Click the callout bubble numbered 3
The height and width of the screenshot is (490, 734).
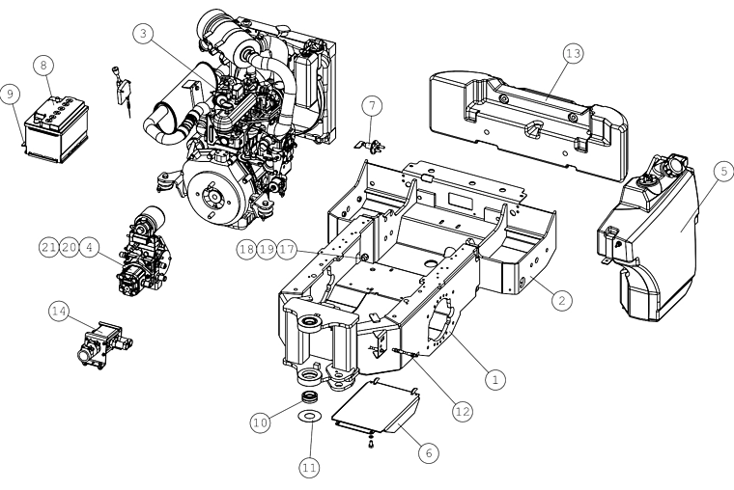click(143, 33)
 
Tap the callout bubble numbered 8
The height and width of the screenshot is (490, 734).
click(43, 65)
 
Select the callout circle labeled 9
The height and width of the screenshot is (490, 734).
click(10, 94)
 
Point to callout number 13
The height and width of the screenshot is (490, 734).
click(573, 54)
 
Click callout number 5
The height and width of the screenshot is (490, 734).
click(723, 171)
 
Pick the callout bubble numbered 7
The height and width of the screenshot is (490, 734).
click(372, 106)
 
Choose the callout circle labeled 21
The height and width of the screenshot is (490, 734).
click(48, 247)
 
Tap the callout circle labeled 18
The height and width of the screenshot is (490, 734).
click(246, 249)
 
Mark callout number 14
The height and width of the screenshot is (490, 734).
click(59, 312)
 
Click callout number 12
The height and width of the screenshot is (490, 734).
click(462, 412)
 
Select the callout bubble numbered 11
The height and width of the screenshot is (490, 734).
click(309, 468)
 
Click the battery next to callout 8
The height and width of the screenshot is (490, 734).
click(56, 129)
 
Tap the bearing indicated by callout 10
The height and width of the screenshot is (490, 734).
click(310, 397)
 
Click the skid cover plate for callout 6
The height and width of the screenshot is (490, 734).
click(376, 408)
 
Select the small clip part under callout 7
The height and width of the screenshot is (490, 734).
click(370, 146)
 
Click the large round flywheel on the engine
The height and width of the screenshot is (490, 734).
click(214, 196)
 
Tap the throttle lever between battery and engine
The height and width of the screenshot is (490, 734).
click(122, 92)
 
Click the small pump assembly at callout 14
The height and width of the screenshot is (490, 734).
click(103, 345)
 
